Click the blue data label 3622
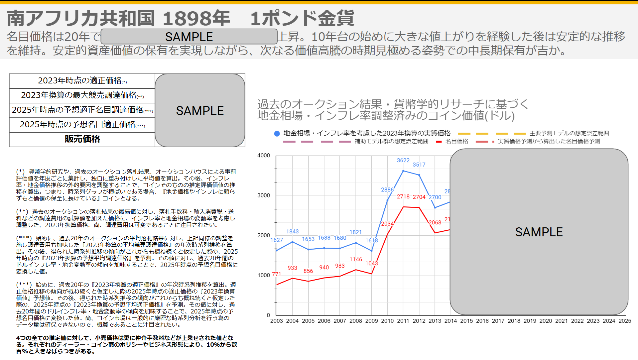tap(403, 160)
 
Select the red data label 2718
tap(403, 196)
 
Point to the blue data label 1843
tap(292, 231)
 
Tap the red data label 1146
tap(355, 259)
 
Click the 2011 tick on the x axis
tap(403, 321)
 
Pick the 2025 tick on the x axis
tap(624, 321)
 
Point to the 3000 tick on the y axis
tap(264, 195)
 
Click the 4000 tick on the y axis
tap(264, 156)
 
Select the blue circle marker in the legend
tap(277, 133)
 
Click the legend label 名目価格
tap(456, 141)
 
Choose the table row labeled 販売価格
tap(82, 139)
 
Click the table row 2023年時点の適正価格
tap(82, 81)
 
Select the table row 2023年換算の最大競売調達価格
tap(82, 95)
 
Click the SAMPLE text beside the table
tap(200, 111)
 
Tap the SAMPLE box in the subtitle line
tap(189, 37)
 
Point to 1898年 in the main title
tap(196, 18)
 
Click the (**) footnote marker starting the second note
tap(22, 212)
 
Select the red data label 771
tap(276, 274)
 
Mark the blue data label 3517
tap(419, 165)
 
